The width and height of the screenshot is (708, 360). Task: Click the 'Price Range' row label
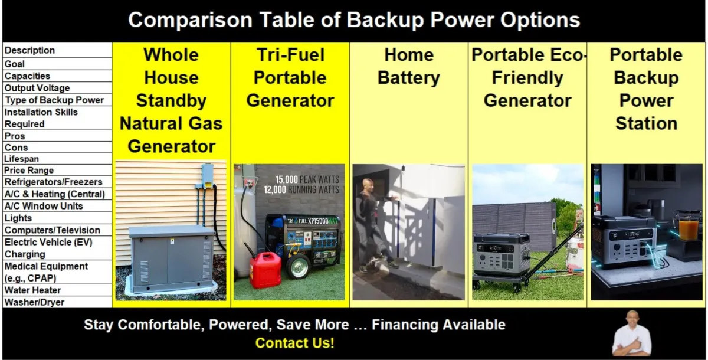[x=29, y=171]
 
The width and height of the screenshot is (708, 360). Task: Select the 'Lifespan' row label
[x=21, y=159]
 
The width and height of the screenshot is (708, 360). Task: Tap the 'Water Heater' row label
[x=32, y=290]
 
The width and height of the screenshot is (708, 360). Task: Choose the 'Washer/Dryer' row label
[x=34, y=302]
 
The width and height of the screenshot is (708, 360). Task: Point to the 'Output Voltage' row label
[x=37, y=88]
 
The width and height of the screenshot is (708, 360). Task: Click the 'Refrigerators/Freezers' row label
[x=54, y=182]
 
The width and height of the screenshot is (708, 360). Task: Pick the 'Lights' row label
[x=18, y=218]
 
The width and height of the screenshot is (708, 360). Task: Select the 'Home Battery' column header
[x=409, y=66]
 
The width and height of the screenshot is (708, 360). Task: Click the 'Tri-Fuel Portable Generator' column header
[x=290, y=78]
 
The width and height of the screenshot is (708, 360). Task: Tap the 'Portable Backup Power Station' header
[x=646, y=89]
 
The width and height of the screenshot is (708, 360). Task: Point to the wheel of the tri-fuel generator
[x=298, y=266]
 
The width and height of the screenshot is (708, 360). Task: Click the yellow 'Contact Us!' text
[x=294, y=343]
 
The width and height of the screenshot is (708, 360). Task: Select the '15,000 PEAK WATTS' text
[x=307, y=179]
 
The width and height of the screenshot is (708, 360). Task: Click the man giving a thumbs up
[x=631, y=335]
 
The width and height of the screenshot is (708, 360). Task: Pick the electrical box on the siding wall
[x=207, y=176]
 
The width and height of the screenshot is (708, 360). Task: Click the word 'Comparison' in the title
[x=190, y=20]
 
